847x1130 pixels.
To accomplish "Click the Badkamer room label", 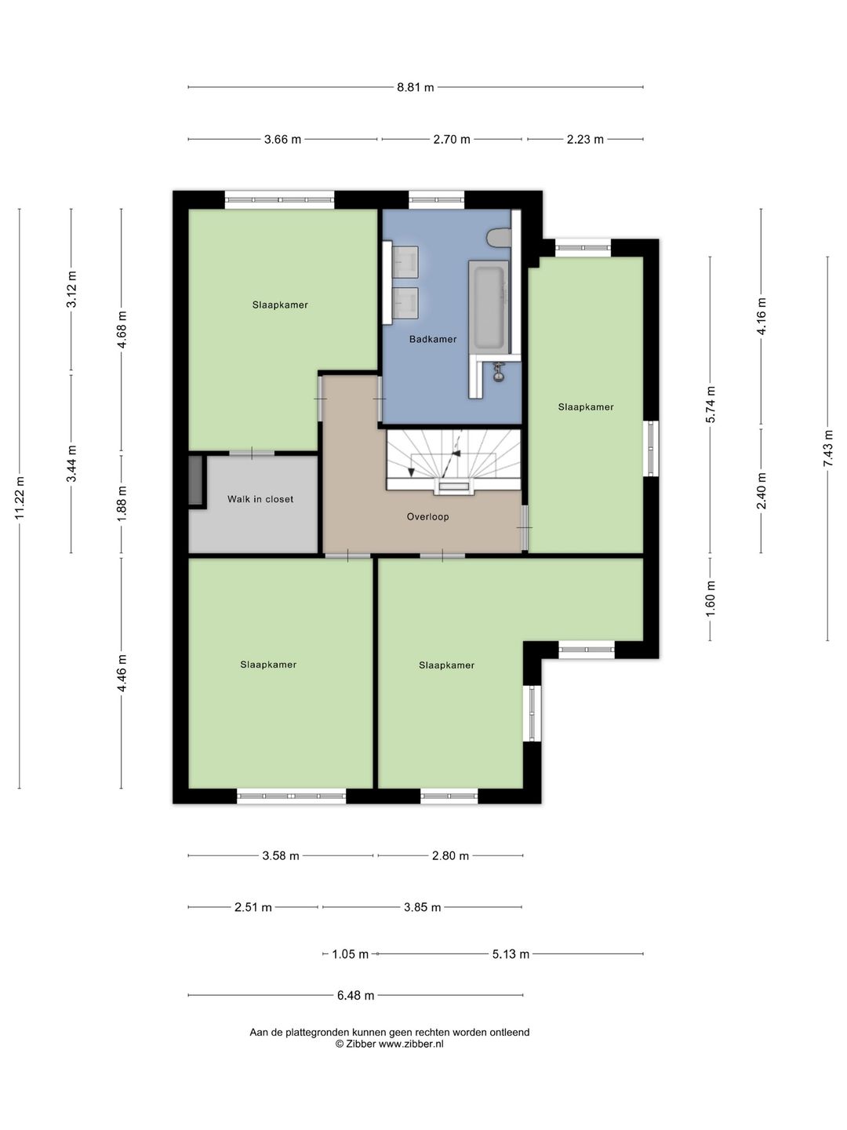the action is pos(432,339).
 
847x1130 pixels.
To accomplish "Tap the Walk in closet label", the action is pos(260,499).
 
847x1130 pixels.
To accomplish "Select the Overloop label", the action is pos(428,517).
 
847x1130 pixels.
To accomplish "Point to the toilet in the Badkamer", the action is pos(498,237).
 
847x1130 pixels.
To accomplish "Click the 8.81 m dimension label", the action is pos(415,88).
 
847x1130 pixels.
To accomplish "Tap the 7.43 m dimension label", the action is pos(828,448).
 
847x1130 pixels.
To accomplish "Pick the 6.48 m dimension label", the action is pos(355,996).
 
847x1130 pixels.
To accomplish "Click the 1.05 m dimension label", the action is pos(351,954).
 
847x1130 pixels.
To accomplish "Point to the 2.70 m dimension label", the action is pos(452,140).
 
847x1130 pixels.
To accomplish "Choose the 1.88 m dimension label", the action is pos(122,503).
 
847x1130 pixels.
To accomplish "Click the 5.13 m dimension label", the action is pos(511,954).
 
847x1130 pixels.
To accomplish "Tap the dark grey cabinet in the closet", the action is pos(196,480).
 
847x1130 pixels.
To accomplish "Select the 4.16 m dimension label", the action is pos(762,316).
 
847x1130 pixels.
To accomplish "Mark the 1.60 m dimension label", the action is pos(711,599).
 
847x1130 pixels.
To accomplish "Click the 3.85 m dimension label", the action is pos(422,908).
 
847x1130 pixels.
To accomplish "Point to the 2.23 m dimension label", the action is pos(585,140).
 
